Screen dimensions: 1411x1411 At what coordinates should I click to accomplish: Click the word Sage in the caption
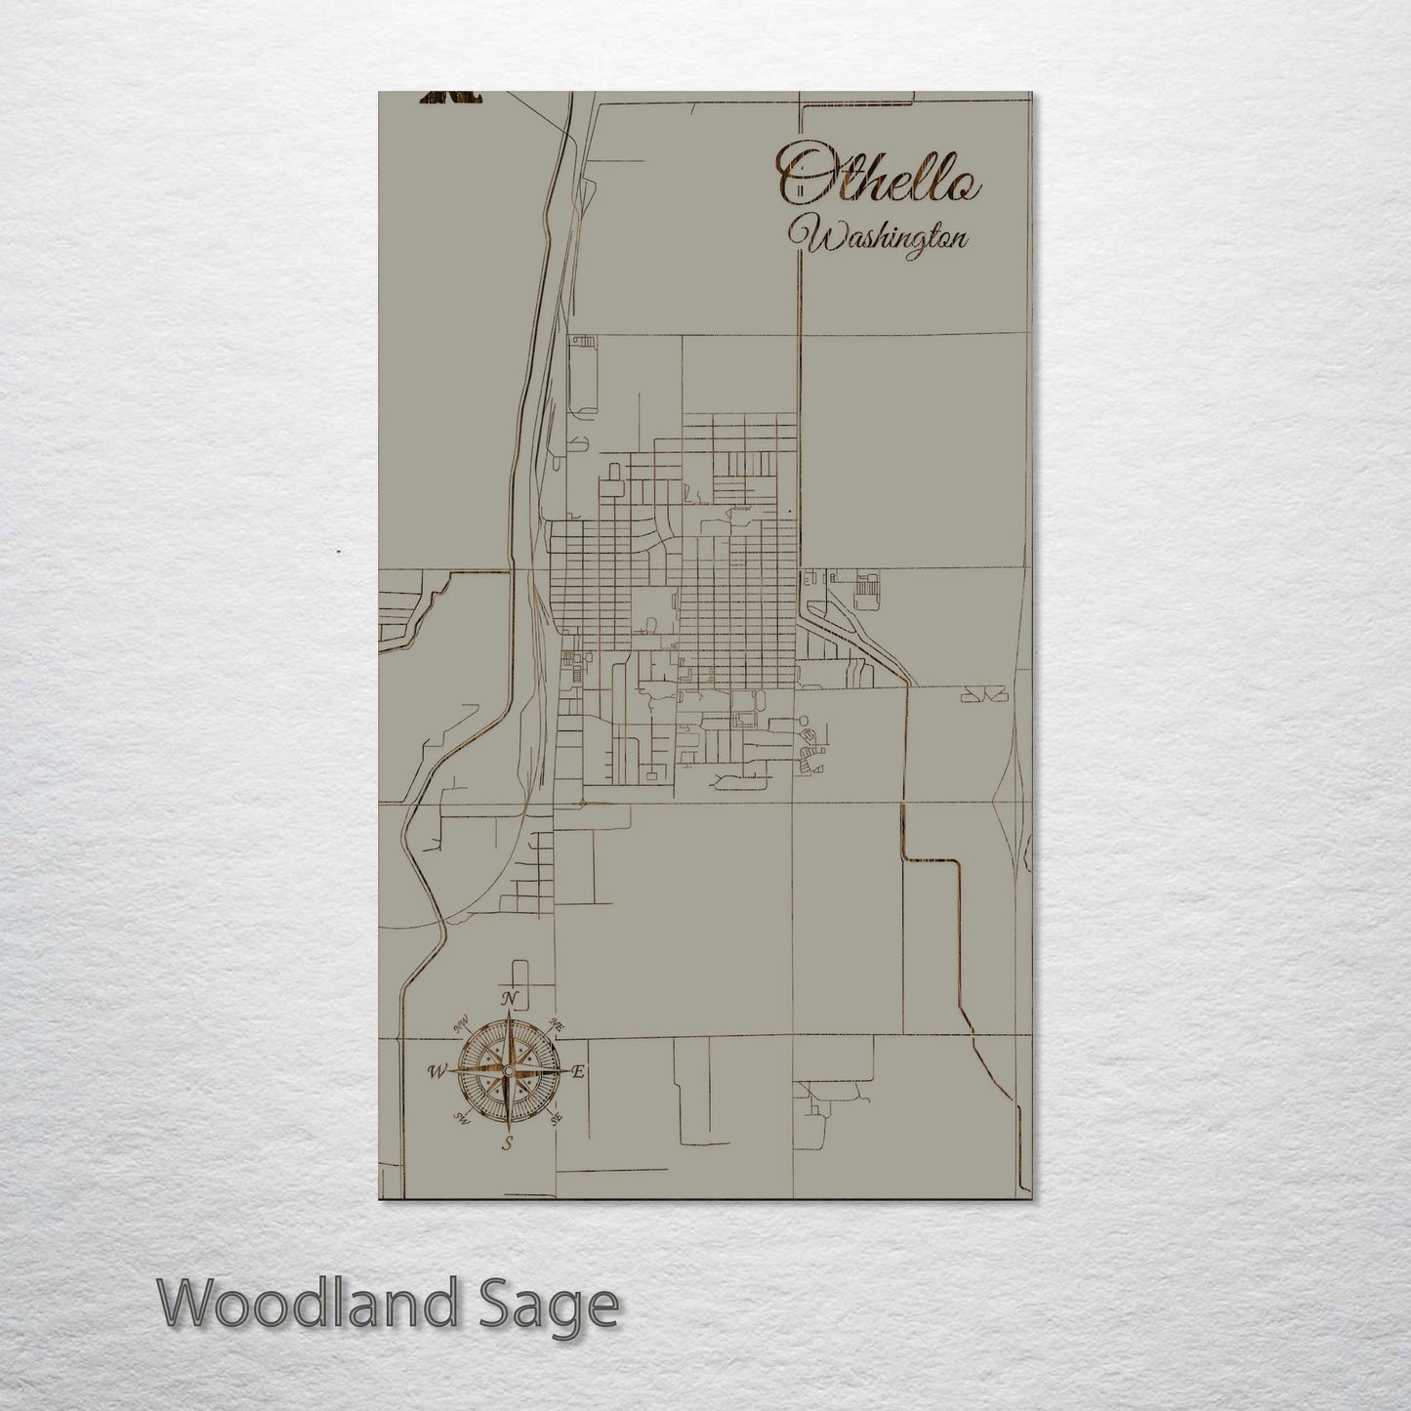tap(565, 1305)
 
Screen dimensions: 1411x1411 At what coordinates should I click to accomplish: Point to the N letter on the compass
tap(508, 998)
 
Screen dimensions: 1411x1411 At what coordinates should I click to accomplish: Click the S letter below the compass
tap(507, 1144)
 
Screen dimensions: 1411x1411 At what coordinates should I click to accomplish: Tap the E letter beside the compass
tap(577, 1072)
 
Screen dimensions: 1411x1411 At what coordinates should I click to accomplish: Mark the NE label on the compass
tap(558, 1024)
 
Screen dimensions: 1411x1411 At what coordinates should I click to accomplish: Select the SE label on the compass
tap(557, 1119)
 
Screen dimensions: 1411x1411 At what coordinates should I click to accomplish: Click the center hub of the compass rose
tap(508, 1071)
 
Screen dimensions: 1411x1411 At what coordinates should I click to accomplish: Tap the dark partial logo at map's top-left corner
tap(452, 96)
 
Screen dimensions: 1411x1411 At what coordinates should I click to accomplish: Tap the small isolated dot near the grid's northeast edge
tap(788, 511)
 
